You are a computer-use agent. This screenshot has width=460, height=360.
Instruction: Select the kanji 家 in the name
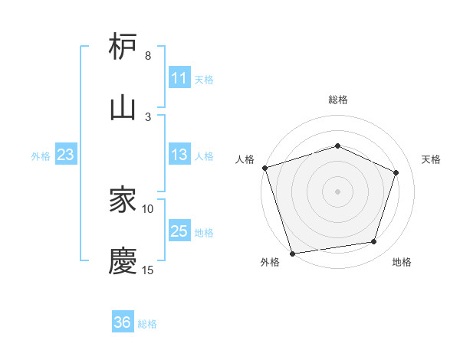123,201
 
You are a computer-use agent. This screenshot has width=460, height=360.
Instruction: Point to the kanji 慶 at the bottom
123,261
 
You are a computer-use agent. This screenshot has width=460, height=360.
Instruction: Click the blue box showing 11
179,78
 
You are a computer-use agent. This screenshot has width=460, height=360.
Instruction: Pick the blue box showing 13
179,155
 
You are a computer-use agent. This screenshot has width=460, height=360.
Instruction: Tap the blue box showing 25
179,231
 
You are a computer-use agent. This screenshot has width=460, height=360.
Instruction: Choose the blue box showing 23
65,155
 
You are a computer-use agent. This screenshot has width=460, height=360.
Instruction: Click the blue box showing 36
123,322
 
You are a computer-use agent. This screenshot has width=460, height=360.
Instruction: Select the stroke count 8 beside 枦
148,56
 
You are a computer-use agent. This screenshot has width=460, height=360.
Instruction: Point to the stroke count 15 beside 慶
148,270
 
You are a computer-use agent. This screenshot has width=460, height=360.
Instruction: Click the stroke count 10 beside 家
148,208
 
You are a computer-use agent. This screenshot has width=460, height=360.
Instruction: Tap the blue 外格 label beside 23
41,155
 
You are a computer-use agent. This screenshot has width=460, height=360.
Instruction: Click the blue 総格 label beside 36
147,323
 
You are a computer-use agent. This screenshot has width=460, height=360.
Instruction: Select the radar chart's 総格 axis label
338,100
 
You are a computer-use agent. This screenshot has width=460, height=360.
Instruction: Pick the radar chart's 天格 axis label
432,159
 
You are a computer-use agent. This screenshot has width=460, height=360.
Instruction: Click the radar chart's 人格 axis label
245,159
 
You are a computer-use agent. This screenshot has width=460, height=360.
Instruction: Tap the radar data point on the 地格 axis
374,242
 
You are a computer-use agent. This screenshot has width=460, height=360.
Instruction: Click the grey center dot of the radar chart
338,191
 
